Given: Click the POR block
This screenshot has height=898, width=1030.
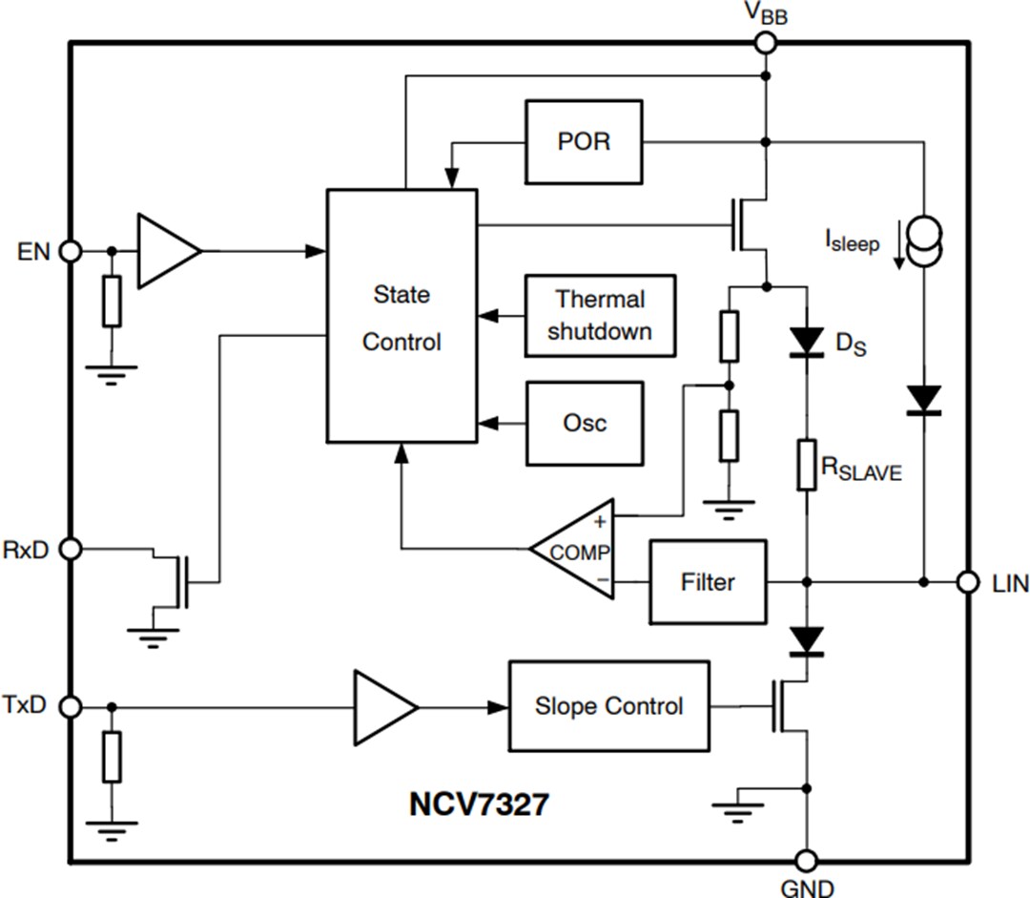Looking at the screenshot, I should pos(584,142).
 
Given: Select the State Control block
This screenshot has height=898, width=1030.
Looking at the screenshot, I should pos(402,316).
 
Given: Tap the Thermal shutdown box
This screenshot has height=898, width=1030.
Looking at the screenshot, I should pos(600,315).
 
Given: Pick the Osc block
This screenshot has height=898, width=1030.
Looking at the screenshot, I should pos(584,423).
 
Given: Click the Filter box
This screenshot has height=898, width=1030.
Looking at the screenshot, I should pos(707,582).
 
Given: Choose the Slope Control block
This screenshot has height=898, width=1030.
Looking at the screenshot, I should pos(608,706).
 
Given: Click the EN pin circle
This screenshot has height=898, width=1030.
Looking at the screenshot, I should pos(70,251).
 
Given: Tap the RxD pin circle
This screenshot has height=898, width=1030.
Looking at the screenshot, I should pos(70,549).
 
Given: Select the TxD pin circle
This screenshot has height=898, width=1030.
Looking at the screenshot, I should pos(70,706).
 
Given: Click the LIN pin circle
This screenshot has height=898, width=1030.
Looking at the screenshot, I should pos(968,581).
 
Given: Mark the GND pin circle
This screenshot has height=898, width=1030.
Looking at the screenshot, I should pos(808,859).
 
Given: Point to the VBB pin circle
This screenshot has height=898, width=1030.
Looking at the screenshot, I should pos(765,42).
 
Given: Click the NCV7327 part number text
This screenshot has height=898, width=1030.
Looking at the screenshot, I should pos(479,804).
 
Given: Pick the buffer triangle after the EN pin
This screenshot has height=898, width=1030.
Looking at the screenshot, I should pos(167,251).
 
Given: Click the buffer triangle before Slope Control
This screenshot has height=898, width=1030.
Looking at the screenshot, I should pos(383,707).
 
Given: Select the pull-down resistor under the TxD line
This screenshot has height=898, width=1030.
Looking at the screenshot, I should pos(113,757).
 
